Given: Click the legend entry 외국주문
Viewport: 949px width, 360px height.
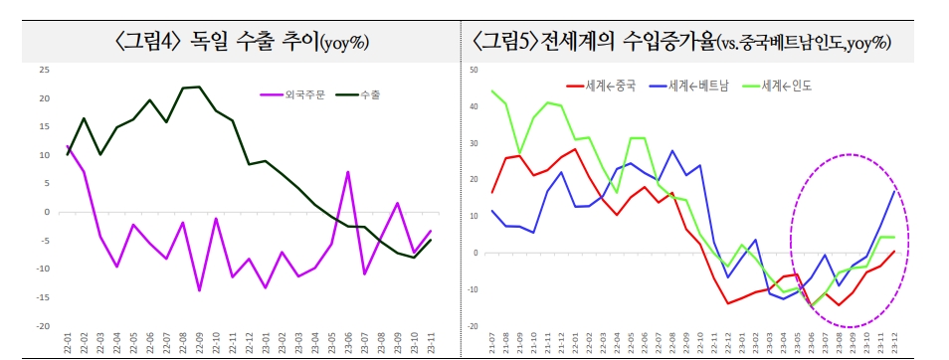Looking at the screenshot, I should (303, 95).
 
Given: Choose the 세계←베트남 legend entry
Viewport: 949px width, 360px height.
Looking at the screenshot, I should (698, 87).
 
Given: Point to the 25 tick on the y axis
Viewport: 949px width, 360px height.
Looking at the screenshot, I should (43, 70).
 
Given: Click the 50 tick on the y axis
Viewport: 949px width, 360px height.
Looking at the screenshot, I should (474, 70).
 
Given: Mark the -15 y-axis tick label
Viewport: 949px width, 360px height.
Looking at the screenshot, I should (42, 297).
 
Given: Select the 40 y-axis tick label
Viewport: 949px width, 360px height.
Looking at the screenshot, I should (474, 106).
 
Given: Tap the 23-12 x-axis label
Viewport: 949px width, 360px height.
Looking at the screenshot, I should (895, 344).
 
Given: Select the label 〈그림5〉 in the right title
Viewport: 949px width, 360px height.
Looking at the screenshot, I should (504, 42).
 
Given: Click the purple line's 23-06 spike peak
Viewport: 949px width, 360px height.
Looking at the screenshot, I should (348, 172).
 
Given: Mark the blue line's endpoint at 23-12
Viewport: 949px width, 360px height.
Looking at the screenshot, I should (895, 188).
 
